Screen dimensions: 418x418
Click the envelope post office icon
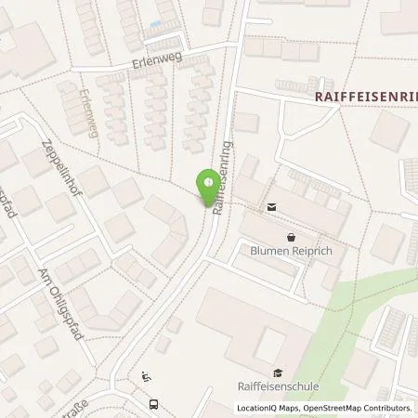coord(271,207)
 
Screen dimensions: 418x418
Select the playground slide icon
coord(147,376)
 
